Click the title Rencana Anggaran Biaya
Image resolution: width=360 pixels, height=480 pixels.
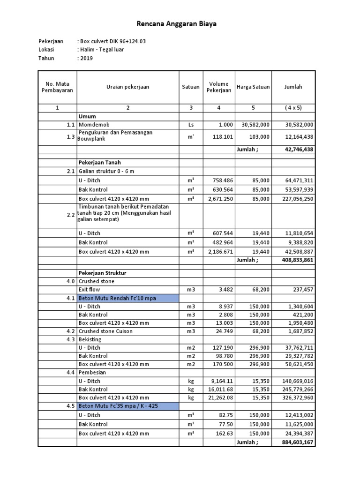tap(177, 23)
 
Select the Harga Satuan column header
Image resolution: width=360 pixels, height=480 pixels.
tap(253, 87)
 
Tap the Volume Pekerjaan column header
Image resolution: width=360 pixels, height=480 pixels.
tap(218, 87)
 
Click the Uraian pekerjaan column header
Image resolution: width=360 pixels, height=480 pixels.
tap(128, 87)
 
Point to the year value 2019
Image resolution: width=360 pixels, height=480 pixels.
tap(86, 58)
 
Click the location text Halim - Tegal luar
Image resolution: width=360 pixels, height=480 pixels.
tap(101, 50)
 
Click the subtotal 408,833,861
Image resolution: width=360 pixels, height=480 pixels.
tap(295, 260)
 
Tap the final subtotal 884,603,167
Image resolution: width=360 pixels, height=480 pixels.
tap(295, 442)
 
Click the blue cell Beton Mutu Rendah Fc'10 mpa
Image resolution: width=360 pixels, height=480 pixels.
tap(127, 298)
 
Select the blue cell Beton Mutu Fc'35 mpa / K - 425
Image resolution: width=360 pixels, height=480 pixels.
tap(127, 406)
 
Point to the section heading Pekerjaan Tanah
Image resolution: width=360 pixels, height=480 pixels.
tap(100, 163)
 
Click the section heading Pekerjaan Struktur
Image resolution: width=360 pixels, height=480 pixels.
tap(102, 273)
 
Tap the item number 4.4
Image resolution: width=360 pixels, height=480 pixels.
tap(70, 373)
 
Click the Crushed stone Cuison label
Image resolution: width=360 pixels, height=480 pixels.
tap(105, 331)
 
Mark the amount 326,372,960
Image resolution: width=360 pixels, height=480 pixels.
tap(294, 397)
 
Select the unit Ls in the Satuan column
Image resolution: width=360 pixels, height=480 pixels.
tap(190, 125)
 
